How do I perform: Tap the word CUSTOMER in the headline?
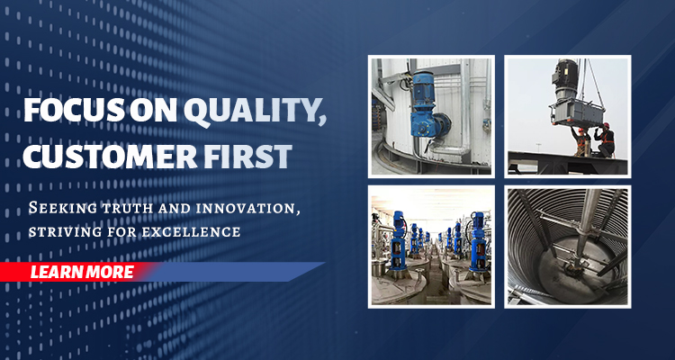(110, 157)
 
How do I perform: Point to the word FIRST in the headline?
(247, 157)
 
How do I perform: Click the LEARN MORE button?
(82, 272)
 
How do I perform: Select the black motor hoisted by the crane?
(565, 80)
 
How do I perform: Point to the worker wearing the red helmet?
(606, 139)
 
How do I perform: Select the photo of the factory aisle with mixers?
(431, 247)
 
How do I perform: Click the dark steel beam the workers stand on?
(567, 163)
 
